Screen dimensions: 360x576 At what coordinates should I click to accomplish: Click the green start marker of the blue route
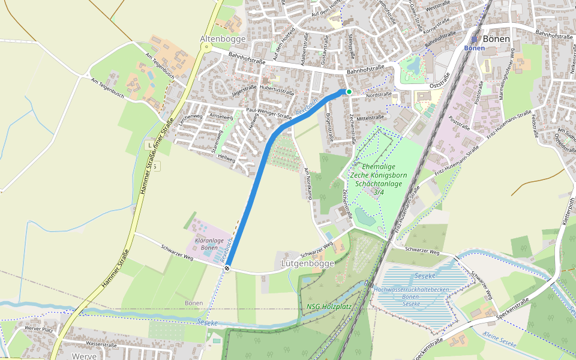[x=349, y=91]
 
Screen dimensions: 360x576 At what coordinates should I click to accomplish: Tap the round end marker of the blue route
[x=226, y=268]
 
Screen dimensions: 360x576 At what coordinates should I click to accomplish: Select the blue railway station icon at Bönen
[x=473, y=39]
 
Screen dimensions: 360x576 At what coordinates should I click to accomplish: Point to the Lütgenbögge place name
[x=308, y=263]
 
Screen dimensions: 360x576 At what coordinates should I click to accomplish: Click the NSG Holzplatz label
[x=329, y=307]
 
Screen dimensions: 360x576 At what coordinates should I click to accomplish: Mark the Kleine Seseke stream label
[x=500, y=339]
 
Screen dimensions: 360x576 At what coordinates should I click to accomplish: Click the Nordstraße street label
[x=379, y=94]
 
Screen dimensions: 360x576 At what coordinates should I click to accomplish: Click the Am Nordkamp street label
[x=308, y=184]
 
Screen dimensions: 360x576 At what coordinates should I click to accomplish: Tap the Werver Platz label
[x=40, y=330]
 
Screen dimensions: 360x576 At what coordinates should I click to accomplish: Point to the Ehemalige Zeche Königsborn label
[x=378, y=175]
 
